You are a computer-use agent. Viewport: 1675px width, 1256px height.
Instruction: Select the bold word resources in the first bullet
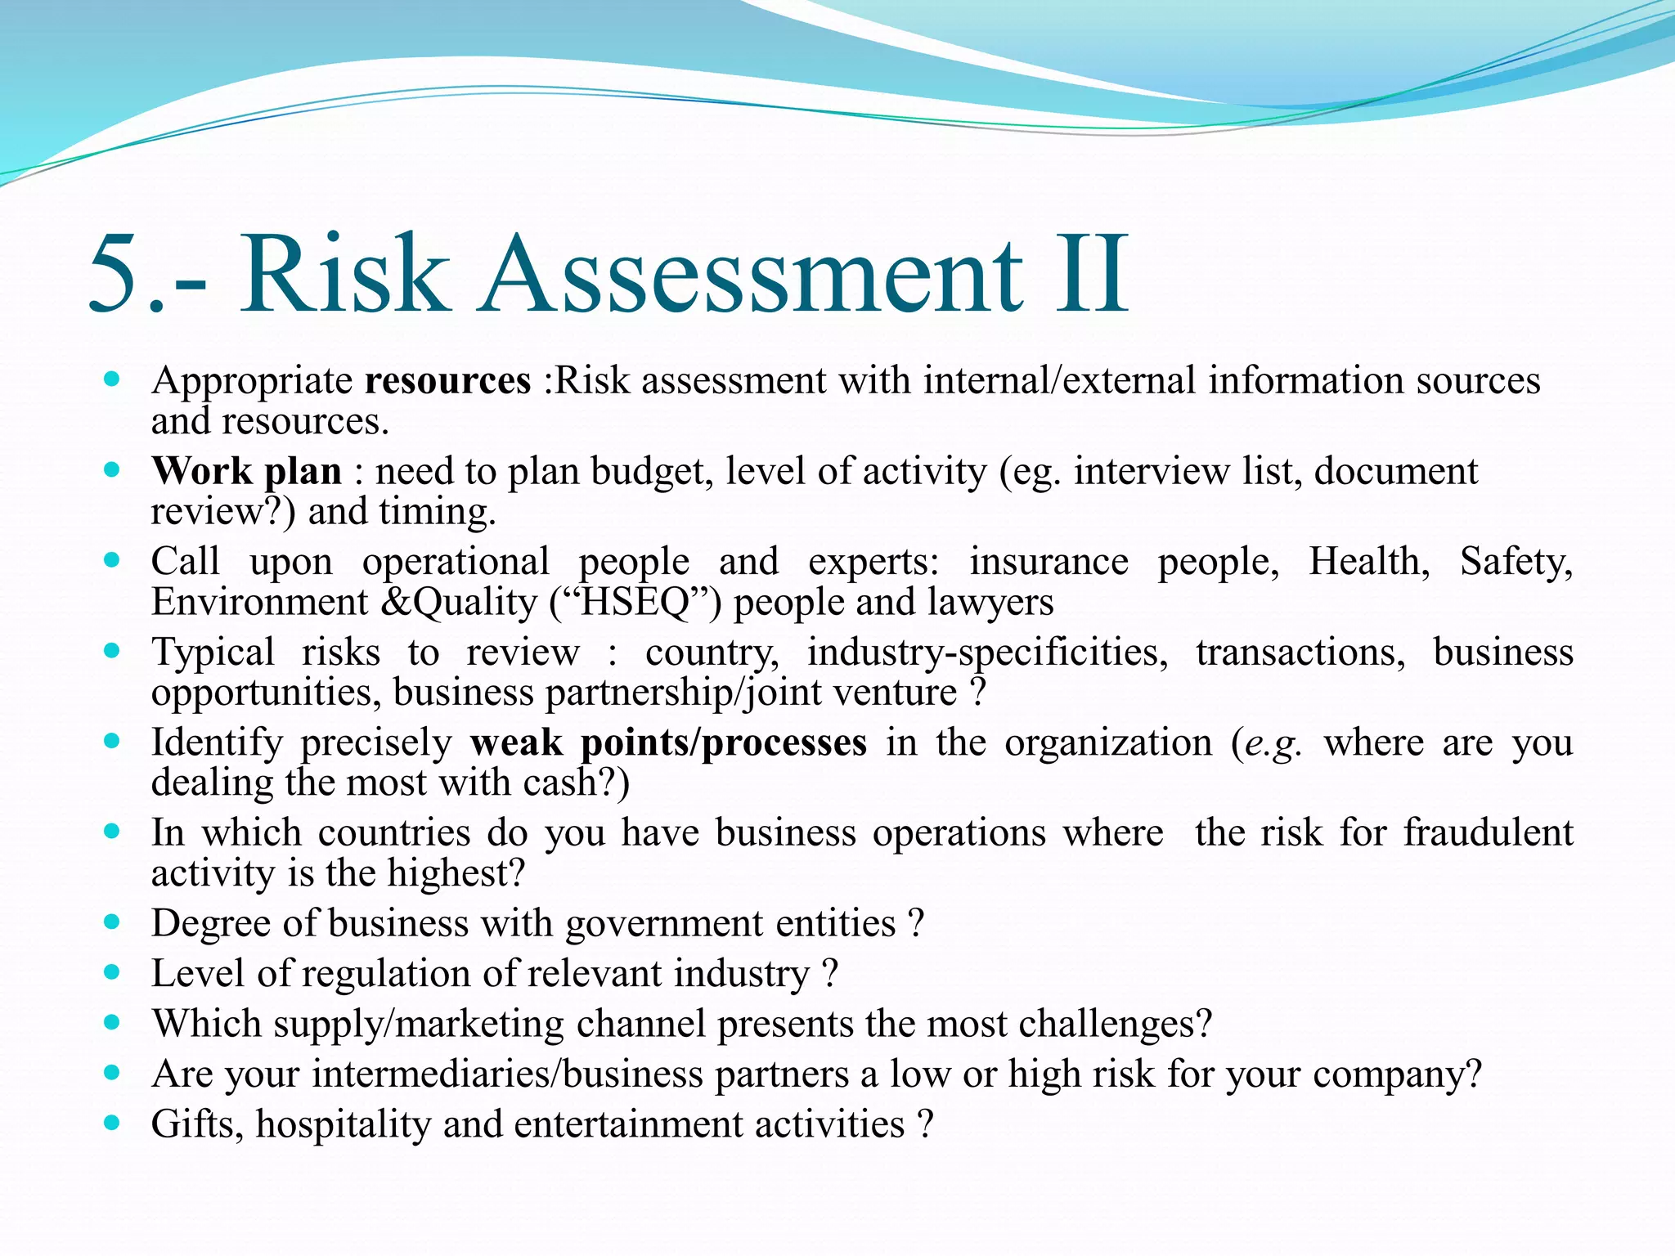[447, 381]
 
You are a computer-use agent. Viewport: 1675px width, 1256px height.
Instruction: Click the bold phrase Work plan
[246, 472]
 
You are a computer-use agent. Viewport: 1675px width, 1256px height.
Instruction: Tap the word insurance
[1049, 563]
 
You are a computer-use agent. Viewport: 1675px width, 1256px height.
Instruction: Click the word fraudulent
[1489, 833]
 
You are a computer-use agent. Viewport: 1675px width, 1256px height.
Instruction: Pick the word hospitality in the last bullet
[344, 1124]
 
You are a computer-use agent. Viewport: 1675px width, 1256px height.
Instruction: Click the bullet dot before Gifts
[113, 1122]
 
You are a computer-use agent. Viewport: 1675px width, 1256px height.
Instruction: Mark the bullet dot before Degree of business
[113, 922]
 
